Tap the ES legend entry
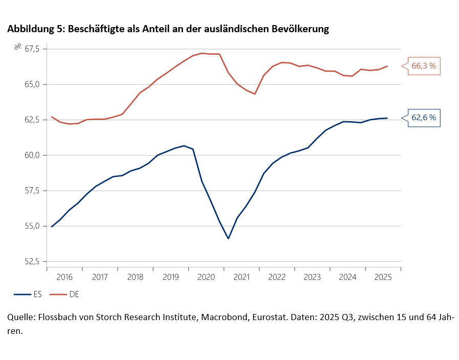28,295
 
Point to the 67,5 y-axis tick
32,49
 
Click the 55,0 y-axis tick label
32,226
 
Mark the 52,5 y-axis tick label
32,261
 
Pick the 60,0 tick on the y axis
32,155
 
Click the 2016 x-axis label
64,277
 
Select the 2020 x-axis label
206,277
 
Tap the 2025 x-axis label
383,277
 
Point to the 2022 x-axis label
277,277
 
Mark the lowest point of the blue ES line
228,238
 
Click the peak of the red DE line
202,53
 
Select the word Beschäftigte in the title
94,30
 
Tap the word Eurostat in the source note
257,317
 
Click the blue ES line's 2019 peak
184,146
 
